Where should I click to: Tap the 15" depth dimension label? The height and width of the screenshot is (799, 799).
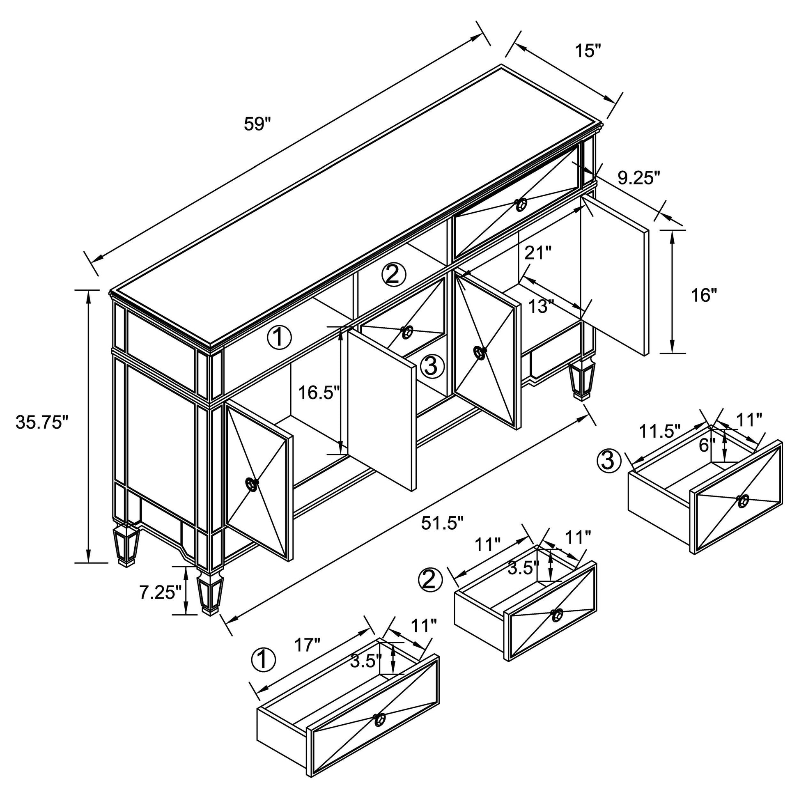[x=588, y=51]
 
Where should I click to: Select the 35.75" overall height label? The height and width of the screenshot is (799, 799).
[x=41, y=422]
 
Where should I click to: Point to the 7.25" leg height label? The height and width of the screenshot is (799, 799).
[x=161, y=593]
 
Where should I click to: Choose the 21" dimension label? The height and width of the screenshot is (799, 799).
[x=538, y=253]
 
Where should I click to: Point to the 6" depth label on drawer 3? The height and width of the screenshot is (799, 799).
[x=707, y=445]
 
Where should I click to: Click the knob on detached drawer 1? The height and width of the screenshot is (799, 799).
[x=379, y=732]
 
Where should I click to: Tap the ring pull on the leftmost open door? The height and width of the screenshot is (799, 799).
[x=251, y=483]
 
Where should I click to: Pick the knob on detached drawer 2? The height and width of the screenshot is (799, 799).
[x=557, y=615]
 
